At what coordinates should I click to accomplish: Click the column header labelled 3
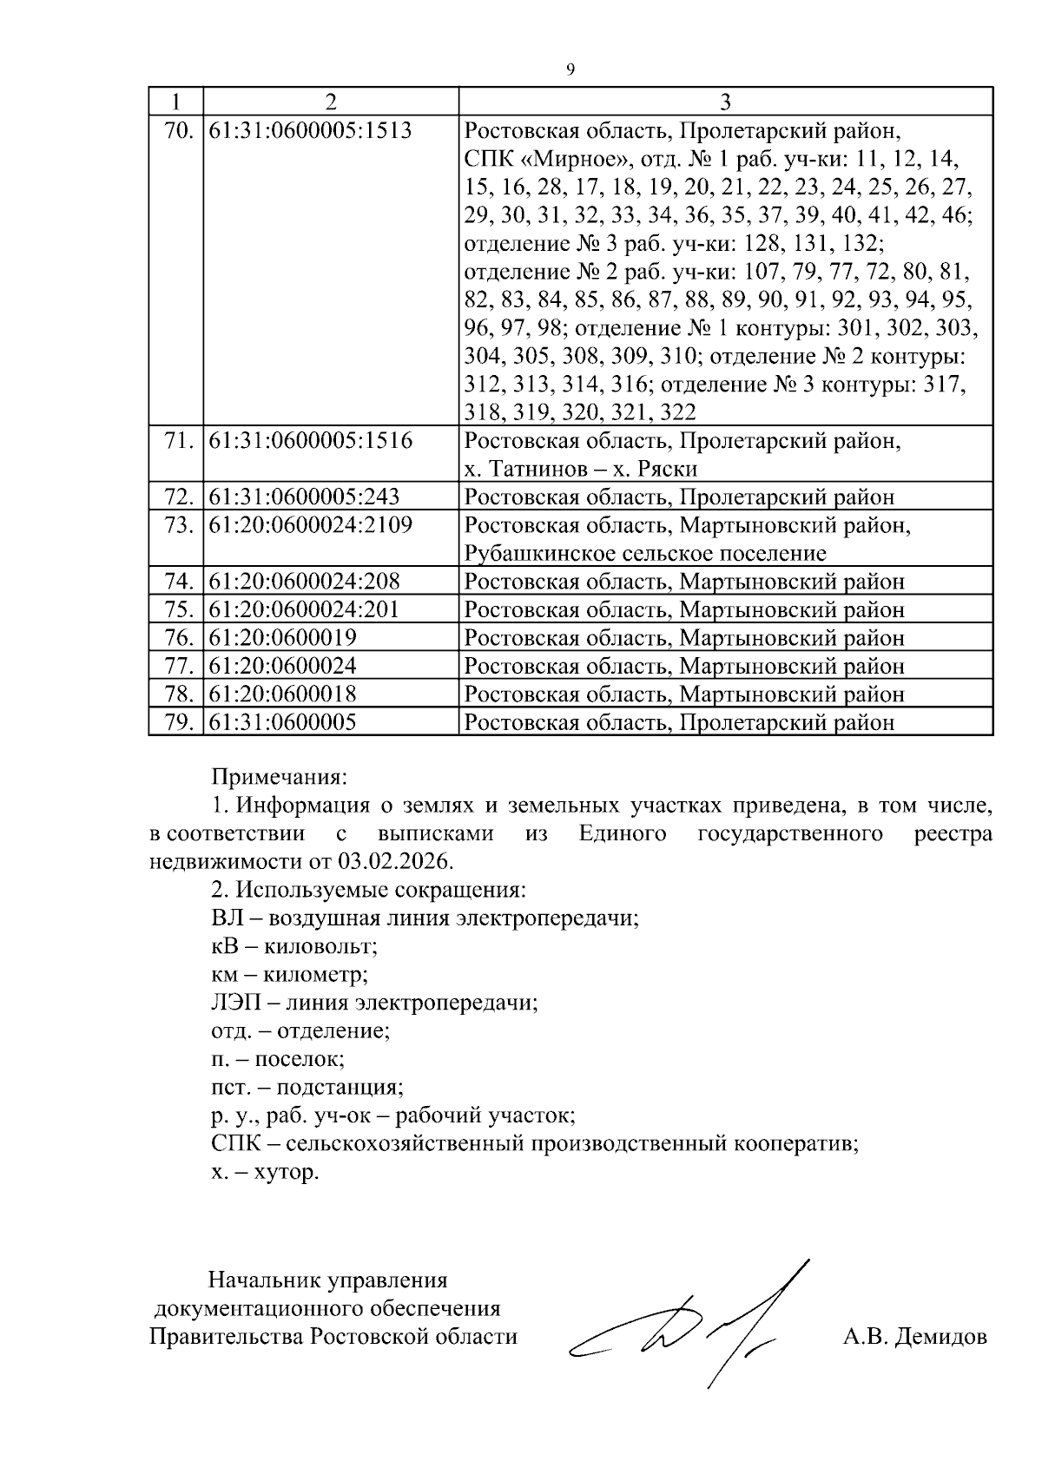[725, 102]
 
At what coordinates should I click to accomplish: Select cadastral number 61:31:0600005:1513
[310, 131]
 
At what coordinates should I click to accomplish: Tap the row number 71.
[177, 441]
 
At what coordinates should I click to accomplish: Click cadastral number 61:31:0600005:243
[304, 497]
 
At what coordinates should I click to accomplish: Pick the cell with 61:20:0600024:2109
[310, 525]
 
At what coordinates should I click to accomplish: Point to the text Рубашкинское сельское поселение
[645, 554]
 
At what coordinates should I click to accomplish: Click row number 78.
[177, 694]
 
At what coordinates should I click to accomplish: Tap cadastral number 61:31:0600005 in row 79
[282, 722]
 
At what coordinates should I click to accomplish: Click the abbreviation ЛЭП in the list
[230, 1003]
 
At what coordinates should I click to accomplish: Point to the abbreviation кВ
[224, 946]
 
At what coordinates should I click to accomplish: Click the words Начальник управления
[327, 1280]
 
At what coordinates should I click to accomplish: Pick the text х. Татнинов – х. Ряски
[581, 470]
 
